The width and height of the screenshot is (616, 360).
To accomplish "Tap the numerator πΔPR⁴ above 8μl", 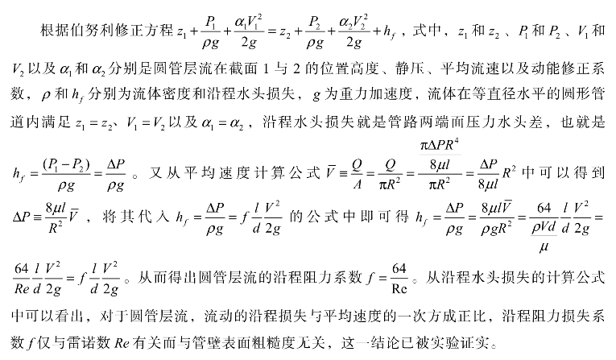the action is tap(440, 146).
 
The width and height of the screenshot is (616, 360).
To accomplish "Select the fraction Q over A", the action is tap(357, 174).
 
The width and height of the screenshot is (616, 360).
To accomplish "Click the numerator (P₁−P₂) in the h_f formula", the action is tap(66, 163).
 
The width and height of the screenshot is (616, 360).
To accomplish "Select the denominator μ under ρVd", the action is tap(544, 246).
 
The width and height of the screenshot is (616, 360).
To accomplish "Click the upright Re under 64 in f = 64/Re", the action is tap(399, 289).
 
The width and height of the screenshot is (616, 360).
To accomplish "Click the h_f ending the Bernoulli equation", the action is tap(389, 32).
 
